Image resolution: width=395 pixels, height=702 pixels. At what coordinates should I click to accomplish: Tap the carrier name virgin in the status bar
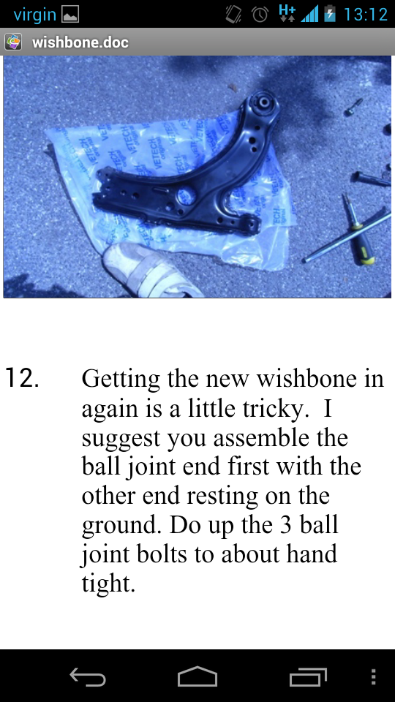(x=34, y=15)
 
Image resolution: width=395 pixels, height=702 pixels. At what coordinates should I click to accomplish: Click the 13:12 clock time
(x=365, y=15)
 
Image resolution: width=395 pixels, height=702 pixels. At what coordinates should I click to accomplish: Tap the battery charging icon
(x=330, y=14)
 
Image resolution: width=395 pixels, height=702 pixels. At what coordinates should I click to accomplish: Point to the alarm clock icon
(x=260, y=15)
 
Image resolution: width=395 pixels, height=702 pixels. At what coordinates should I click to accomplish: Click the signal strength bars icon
(x=309, y=15)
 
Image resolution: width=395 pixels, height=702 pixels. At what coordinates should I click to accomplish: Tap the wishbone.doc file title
(x=80, y=42)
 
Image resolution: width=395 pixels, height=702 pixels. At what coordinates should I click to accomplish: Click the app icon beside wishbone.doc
(x=13, y=42)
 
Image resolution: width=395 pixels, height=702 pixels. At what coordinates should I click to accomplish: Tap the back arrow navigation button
(x=88, y=677)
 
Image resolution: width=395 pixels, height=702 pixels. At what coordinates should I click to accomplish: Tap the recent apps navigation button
(x=308, y=677)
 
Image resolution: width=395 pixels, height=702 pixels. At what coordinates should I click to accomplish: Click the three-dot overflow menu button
(x=374, y=677)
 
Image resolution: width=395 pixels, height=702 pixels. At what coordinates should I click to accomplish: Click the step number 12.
(x=22, y=380)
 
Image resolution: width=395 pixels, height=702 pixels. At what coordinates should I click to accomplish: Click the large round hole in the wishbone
(x=186, y=196)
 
